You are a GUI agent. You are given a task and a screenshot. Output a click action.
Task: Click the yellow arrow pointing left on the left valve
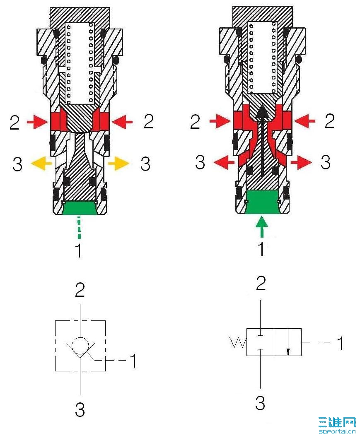point(41,164)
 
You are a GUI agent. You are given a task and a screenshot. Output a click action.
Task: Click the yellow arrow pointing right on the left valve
point(119,164)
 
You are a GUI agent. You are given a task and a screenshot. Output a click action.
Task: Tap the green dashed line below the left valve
point(80,227)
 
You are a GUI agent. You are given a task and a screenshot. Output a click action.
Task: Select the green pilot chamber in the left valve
point(80,208)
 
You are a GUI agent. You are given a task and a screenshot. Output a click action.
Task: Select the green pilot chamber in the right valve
point(262,201)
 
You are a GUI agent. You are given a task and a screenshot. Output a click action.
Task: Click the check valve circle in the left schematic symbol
point(80,345)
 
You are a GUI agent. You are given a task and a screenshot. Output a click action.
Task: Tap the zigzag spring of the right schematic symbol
point(238,342)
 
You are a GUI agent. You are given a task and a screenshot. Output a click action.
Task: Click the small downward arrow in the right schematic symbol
point(288,351)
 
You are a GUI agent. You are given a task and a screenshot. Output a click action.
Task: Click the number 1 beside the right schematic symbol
point(341,343)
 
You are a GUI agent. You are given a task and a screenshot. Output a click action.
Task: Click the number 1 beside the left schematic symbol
point(134,361)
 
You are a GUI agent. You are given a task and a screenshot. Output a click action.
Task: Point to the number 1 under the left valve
point(79,250)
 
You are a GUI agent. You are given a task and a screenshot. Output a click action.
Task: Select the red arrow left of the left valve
point(37,122)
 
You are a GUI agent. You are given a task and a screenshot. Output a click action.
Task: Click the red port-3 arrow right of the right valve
point(301,163)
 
